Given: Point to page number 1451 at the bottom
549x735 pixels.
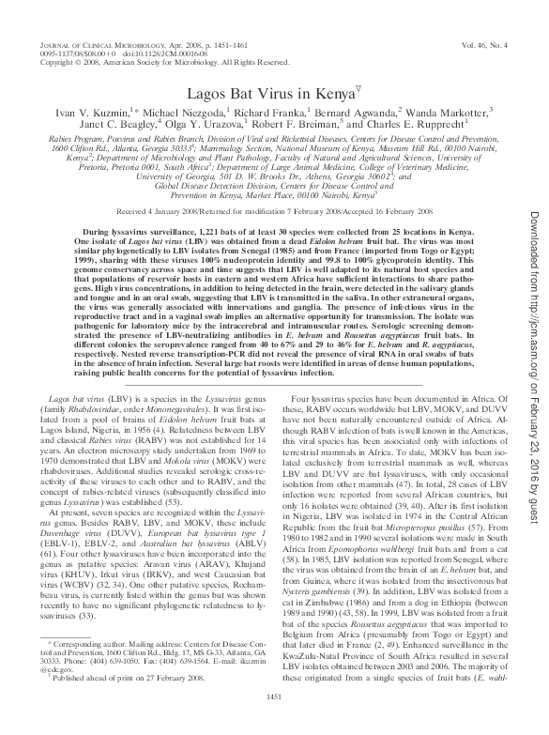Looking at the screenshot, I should [x=275, y=721].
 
